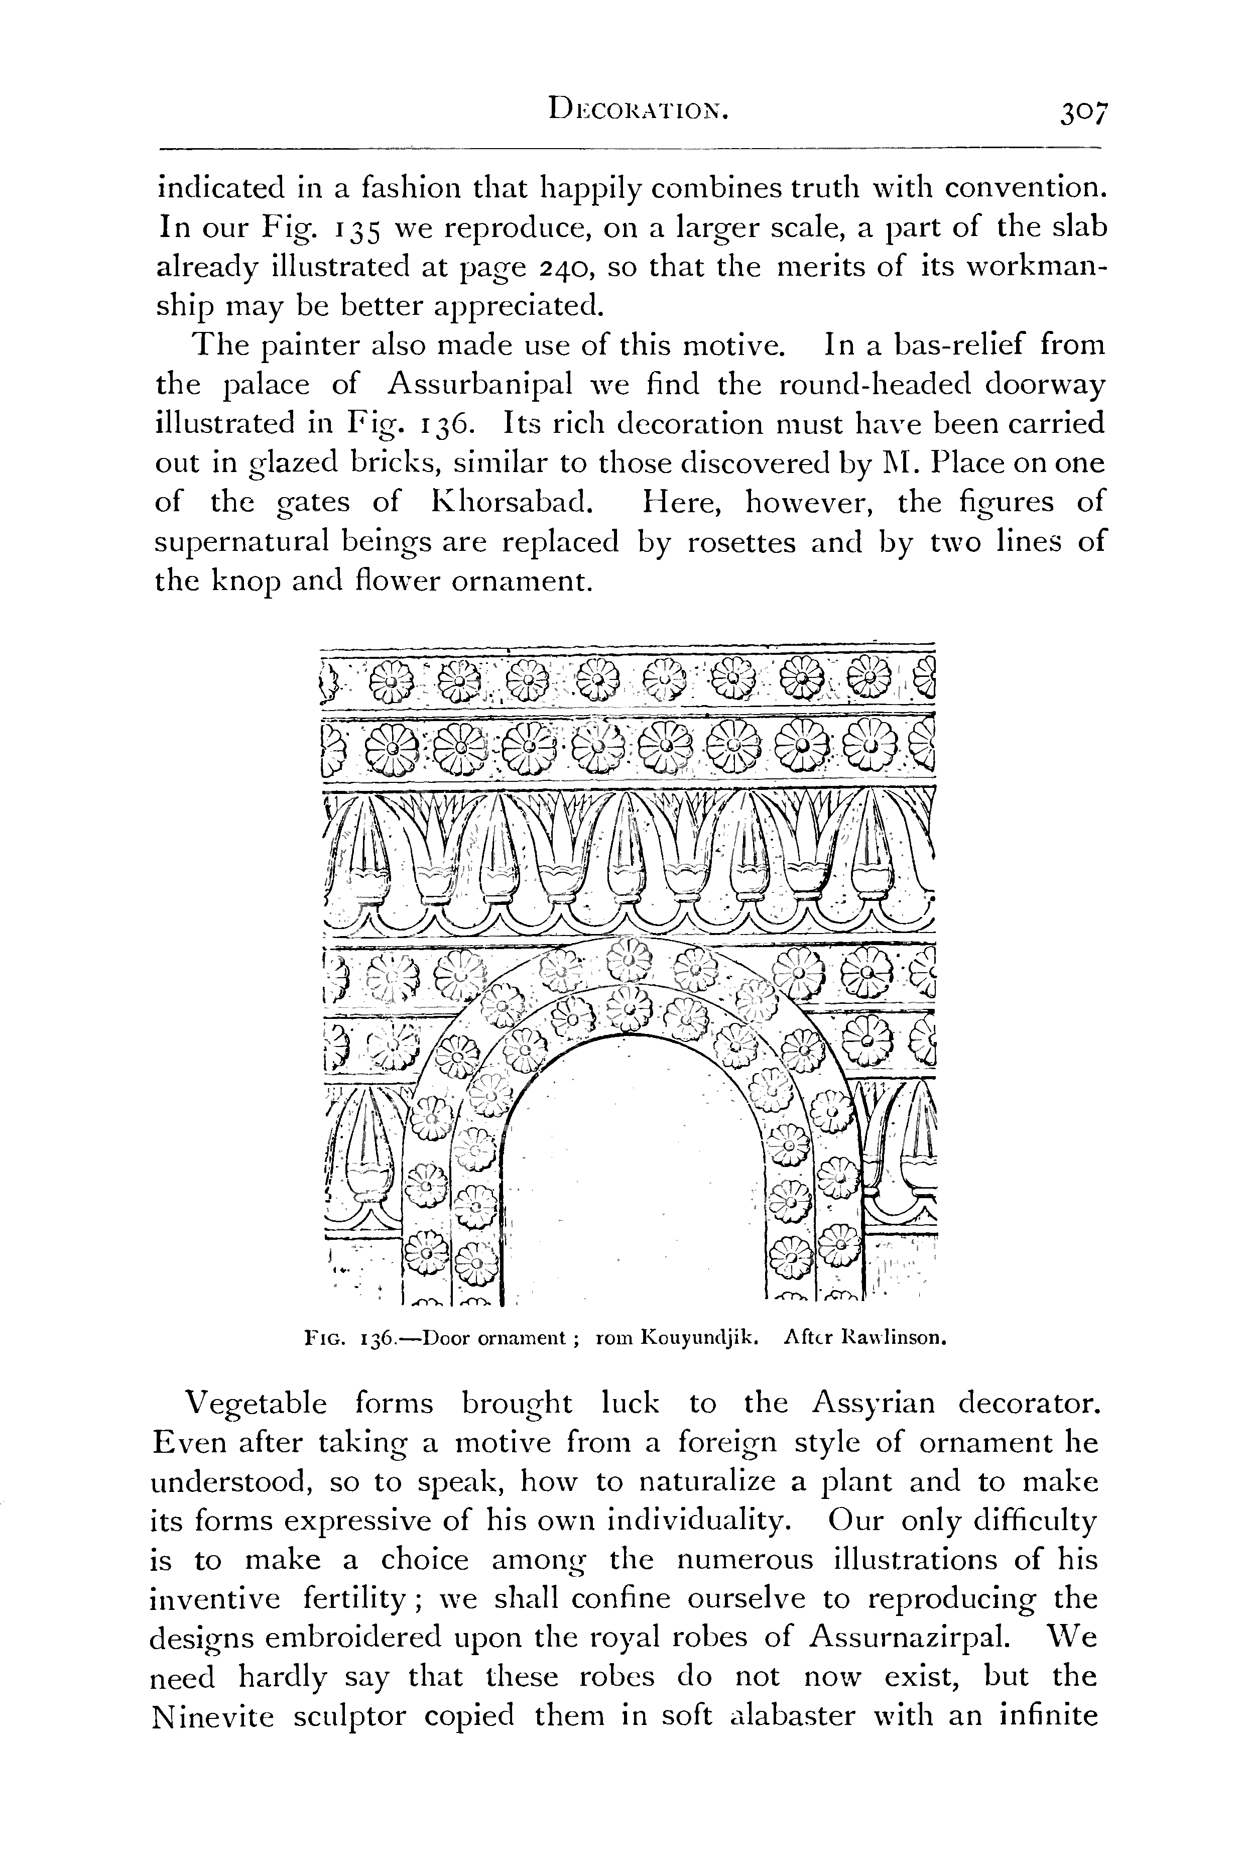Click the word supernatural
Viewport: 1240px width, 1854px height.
241,543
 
